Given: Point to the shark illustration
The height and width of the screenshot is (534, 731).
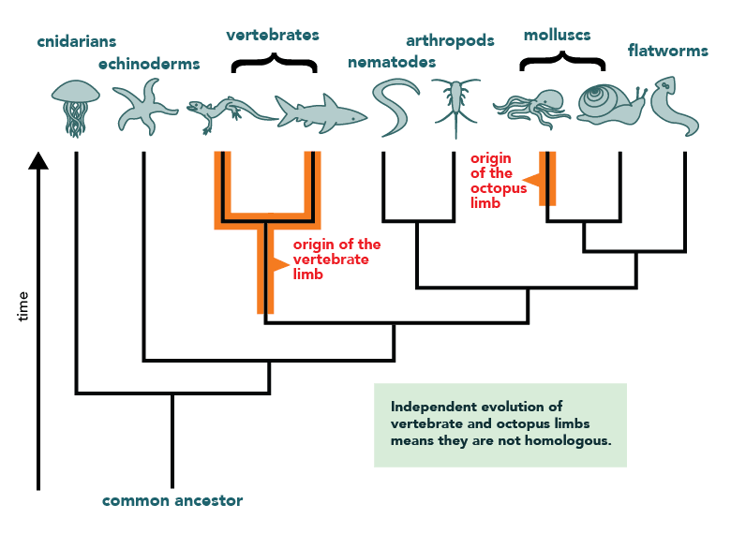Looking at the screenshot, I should [x=319, y=112].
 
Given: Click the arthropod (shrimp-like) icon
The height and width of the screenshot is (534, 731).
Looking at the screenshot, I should [x=455, y=103].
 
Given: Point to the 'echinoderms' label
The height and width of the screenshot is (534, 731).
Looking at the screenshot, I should [x=149, y=64].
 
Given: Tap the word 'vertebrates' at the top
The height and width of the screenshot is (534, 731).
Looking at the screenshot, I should [x=273, y=35].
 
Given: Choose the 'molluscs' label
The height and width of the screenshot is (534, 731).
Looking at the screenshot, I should [x=557, y=35].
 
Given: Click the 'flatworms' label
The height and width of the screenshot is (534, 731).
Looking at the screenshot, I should [x=668, y=50].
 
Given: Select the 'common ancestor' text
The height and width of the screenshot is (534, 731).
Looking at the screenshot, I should [x=172, y=500].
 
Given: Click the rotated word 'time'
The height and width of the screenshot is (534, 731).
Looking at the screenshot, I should [x=23, y=306].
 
